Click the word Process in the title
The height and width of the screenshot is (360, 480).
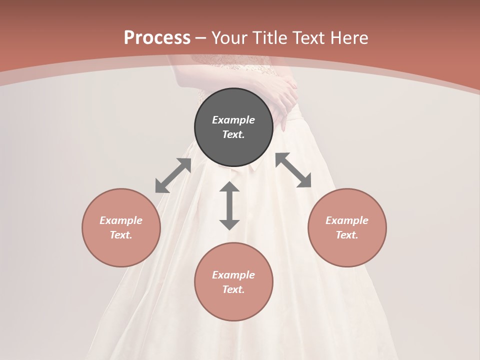click(x=157, y=38)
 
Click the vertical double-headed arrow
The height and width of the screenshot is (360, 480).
click(x=229, y=205)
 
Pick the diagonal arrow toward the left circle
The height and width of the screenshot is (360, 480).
click(x=173, y=175)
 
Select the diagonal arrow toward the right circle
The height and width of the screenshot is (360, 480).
click(x=293, y=170)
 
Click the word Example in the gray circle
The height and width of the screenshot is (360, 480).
click(x=233, y=120)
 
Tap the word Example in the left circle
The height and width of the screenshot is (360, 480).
click(x=121, y=220)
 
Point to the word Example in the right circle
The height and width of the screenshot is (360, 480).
click(x=347, y=220)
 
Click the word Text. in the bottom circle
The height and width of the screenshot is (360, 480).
click(x=233, y=290)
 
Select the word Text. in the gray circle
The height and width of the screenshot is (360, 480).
click(x=233, y=134)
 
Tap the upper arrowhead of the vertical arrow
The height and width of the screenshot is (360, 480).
click(x=229, y=187)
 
